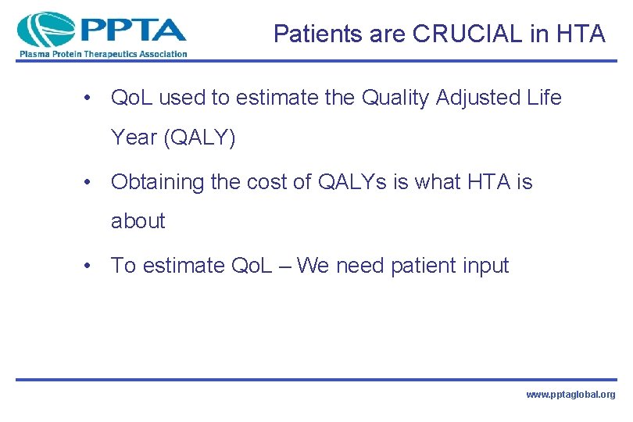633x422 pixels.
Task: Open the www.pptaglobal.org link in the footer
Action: pyautogui.click(x=570, y=395)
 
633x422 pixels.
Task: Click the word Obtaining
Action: pyautogui.click(x=155, y=182)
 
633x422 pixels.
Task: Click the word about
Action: pyautogui.click(x=138, y=221)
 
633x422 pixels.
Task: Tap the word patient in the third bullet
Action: pyautogui.click(x=425, y=266)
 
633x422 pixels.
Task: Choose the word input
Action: pyautogui.click(x=487, y=266)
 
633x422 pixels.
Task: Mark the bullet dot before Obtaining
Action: pyautogui.click(x=92, y=183)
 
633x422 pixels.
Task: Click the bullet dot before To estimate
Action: pyautogui.click(x=92, y=266)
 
